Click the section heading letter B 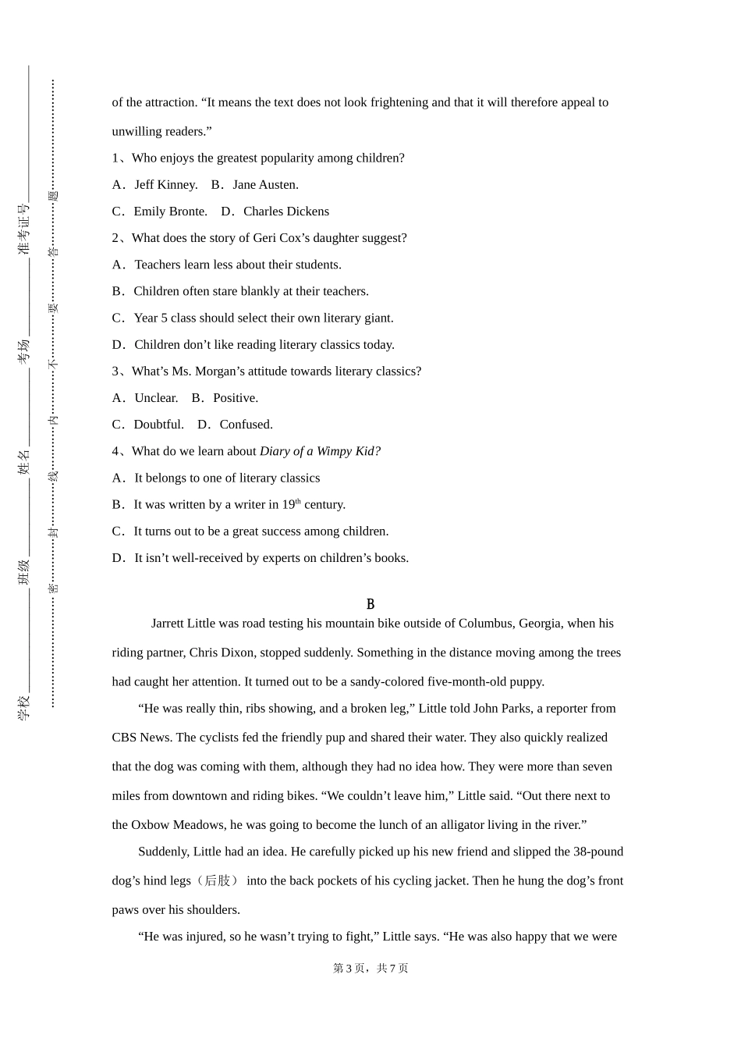pos(370,604)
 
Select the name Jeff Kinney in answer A pos(165,185)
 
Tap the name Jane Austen pos(265,185)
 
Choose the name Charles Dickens pos(285,212)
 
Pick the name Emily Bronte pos(170,212)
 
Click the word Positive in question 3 pos(235,398)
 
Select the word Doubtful pos(158,425)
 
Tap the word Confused pos(246,425)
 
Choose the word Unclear pos(156,398)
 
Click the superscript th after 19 pos(298,501)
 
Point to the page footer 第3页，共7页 pos(370,968)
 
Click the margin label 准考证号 pos(24,229)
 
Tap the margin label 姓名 pos(24,461)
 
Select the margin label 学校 pos(24,706)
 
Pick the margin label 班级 pos(24,571)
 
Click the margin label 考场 pos(24,350)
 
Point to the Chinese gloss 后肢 pos(218,880)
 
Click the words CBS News pos(143,738)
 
